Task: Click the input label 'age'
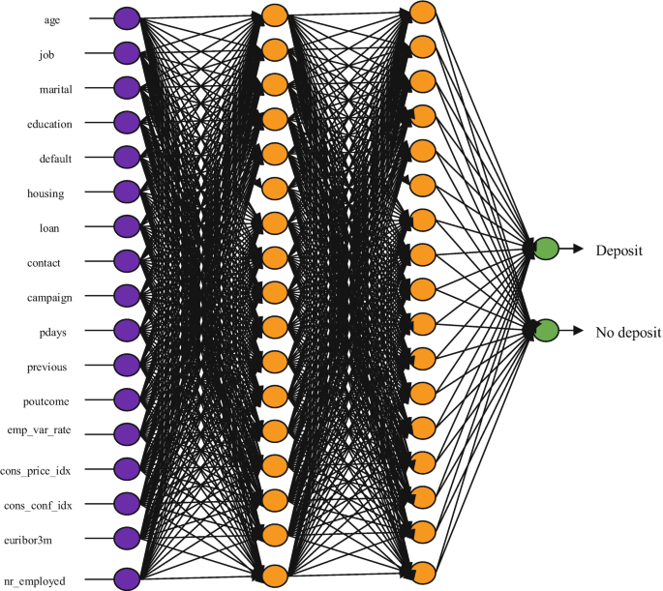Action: (52, 18)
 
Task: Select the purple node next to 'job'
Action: (127, 52)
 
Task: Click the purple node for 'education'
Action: (127, 122)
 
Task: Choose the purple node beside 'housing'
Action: (127, 191)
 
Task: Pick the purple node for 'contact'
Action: (127, 260)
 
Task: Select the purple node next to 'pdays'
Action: (127, 330)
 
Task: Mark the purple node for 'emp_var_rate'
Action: (127, 432)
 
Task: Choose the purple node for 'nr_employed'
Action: (127, 578)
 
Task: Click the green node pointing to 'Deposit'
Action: (546, 248)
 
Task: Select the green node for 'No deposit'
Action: (546, 330)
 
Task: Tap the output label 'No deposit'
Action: (628, 332)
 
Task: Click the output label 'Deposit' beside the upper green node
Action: (618, 250)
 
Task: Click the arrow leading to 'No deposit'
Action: (572, 330)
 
